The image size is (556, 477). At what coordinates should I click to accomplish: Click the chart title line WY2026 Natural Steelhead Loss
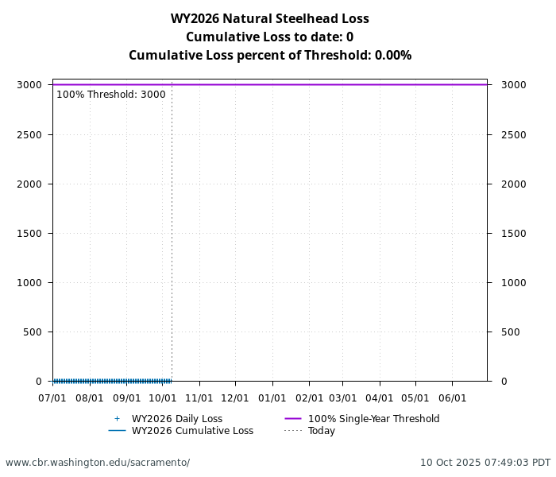[x=270, y=19]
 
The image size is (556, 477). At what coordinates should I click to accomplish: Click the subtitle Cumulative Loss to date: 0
[x=270, y=37]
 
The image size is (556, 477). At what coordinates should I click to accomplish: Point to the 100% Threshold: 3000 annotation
[x=111, y=95]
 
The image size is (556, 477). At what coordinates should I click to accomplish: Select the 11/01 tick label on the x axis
[x=199, y=397]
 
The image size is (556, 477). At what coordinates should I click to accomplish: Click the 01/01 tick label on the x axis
[x=272, y=397]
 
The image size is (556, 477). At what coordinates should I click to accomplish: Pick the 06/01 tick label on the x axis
[x=452, y=397]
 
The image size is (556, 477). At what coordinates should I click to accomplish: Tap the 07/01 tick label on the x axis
[x=53, y=397]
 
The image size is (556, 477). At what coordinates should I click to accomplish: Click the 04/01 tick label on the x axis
[x=379, y=397]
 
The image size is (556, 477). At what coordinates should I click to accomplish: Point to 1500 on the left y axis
[x=29, y=234]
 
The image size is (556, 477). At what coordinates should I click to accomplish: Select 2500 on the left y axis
[x=29, y=135]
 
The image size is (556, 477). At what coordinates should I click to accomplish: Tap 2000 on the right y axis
[x=513, y=184]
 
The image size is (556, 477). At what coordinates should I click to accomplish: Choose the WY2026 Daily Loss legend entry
[x=176, y=419]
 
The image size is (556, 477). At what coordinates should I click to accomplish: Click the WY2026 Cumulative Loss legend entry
[x=192, y=431]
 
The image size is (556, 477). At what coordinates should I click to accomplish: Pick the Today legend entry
[x=322, y=431]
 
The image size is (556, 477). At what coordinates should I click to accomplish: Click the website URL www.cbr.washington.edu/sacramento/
[x=98, y=463]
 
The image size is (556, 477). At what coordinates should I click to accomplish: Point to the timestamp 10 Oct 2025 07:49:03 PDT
[x=485, y=463]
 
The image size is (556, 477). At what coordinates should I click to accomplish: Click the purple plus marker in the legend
[x=117, y=419]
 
